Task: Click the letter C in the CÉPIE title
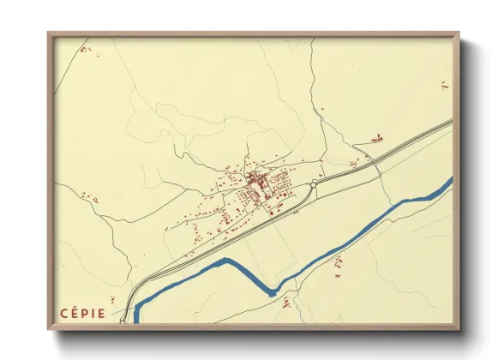pos(64,313)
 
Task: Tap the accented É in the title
pos(75,313)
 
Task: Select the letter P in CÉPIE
pos(87,313)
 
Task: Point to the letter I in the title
pos(95,313)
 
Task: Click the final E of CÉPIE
pos(103,313)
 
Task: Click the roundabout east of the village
pos(314,183)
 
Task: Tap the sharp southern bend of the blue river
pos(273,293)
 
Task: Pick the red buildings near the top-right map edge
pos(444,85)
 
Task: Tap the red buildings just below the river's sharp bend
pos(286,302)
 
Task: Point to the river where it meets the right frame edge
pos(450,181)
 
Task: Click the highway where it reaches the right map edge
pos(450,121)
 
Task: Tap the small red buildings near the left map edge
pos(88,198)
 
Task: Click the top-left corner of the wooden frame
pos(49,33)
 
